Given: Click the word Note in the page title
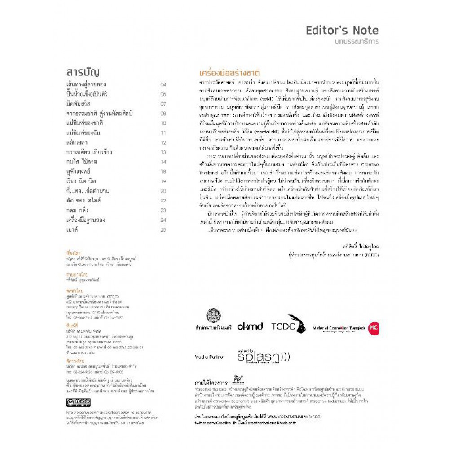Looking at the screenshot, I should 365,31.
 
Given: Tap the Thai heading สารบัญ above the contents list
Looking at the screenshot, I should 83,72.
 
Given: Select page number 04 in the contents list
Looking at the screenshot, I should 163,84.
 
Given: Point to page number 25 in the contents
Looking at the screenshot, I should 163,230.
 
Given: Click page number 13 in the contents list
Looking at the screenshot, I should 163,152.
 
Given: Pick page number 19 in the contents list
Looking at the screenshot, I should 163,181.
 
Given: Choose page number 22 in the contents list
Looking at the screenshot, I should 163,201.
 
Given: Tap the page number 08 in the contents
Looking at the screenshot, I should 163,114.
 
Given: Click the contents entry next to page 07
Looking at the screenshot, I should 78,104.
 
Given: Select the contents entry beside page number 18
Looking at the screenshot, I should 78,172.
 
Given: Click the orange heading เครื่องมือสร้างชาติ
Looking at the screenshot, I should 230,73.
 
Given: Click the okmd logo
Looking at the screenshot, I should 250,327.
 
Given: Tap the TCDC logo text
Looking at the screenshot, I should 283,327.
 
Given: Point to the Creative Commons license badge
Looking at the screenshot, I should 78,402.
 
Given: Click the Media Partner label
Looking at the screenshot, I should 210,357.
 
